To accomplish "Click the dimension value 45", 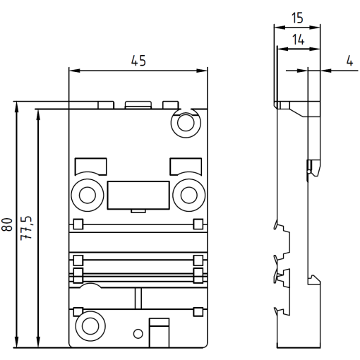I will click(138, 61).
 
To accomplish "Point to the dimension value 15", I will click(296, 16).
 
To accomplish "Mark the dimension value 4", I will click(349, 61).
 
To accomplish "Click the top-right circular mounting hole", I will click(186, 124).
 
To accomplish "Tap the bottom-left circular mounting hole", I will click(90, 325).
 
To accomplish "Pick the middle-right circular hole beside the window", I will click(188, 193).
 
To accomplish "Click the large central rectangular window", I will click(138, 195).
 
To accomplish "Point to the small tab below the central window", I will click(138, 210).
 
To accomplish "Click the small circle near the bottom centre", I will click(139, 332).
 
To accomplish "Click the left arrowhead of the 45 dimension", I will click(72, 71).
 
